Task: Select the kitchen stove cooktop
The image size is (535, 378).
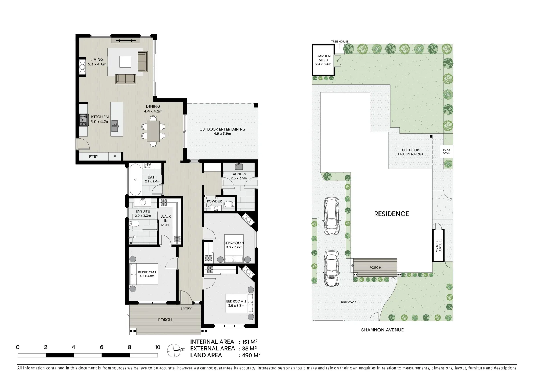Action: tap(83, 120)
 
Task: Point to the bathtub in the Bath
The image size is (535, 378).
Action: tap(135, 180)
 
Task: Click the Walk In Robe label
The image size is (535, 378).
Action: tap(166, 221)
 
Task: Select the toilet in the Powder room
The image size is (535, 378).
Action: tap(229, 204)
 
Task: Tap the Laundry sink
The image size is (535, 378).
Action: tap(239, 166)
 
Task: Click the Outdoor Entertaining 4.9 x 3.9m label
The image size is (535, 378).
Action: tap(222, 131)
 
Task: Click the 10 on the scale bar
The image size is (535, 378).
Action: tap(157, 347)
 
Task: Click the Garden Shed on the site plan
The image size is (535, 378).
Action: tap(323, 60)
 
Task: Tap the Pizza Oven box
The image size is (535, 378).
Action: tap(446, 152)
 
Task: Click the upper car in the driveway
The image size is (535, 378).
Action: tap(331, 216)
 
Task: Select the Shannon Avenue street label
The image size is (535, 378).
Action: tap(382, 330)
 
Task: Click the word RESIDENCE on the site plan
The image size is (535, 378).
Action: tap(391, 214)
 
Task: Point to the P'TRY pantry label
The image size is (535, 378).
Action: tap(93, 157)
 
